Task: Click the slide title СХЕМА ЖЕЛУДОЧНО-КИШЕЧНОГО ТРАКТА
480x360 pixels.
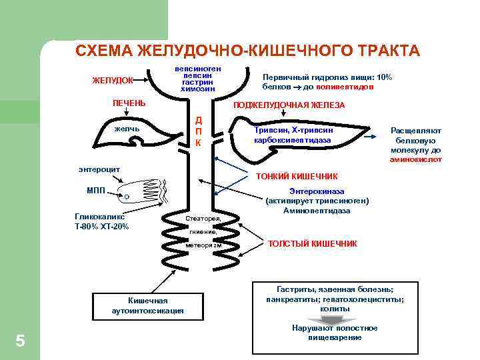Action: click(247, 51)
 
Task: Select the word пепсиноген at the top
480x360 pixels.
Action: click(198, 69)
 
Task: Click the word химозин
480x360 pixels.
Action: click(198, 89)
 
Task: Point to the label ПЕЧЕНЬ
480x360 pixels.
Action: click(129, 104)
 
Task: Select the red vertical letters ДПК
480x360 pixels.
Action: click(198, 132)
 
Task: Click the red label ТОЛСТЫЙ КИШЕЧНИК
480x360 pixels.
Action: click(312, 243)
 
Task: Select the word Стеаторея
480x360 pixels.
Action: click(203, 218)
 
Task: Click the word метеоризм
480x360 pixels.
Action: click(203, 245)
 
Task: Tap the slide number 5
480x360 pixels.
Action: click(20, 341)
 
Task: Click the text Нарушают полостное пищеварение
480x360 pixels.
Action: click(335, 333)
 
